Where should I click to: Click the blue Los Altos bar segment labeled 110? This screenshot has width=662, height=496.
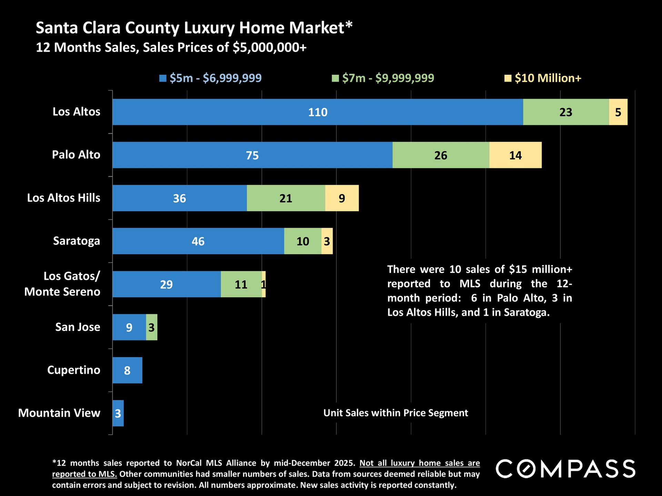click(317, 112)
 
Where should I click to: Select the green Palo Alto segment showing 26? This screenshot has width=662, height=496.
click(441, 155)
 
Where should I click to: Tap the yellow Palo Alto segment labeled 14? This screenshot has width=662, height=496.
click(515, 155)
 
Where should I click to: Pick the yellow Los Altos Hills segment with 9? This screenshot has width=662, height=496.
click(342, 198)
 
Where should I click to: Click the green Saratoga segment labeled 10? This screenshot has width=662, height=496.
click(303, 241)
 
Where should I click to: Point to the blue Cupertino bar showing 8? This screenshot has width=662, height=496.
click(127, 370)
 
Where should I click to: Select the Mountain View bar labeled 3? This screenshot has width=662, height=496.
click(118, 413)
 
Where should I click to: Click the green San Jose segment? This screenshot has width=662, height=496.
click(152, 327)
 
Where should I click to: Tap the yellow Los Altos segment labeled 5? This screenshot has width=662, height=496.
click(618, 112)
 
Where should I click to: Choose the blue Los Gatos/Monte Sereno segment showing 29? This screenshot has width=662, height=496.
click(166, 284)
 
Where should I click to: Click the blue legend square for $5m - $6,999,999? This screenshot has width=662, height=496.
click(163, 79)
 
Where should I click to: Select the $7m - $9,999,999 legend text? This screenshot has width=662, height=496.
click(388, 78)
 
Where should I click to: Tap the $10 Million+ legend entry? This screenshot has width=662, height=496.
click(548, 78)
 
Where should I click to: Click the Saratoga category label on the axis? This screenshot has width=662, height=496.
click(77, 241)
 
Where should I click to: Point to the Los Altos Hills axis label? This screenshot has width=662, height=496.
click(64, 198)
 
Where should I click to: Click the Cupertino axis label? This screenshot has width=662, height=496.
click(74, 370)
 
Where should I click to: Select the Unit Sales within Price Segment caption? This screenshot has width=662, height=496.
click(395, 413)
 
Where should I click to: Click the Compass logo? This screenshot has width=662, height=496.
click(565, 469)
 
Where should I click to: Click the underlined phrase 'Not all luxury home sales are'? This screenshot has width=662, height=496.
click(419, 463)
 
